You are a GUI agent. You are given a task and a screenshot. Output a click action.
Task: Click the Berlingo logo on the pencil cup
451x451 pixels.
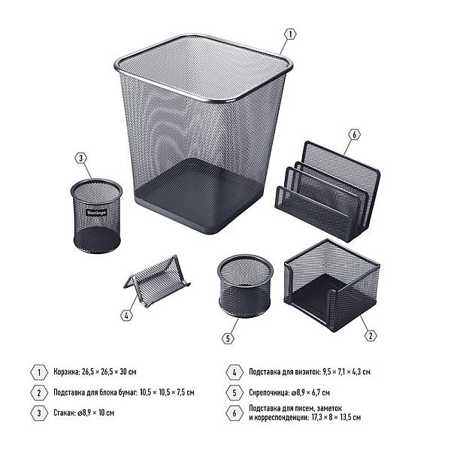click(97, 213)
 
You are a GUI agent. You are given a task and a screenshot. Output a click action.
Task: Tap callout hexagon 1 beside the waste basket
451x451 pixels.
click(290, 35)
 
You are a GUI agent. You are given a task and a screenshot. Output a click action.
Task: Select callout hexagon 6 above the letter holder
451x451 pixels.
click(354, 135)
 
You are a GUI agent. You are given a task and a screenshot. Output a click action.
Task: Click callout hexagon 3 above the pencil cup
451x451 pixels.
click(81, 158)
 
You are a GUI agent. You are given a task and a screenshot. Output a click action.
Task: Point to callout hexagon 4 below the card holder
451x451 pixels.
click(126, 316)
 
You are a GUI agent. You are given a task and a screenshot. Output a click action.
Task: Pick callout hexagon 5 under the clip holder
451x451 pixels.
click(228, 338)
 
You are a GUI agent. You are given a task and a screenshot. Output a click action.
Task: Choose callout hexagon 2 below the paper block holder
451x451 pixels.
click(371, 336)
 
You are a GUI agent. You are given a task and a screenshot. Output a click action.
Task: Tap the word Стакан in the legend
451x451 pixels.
click(65, 413)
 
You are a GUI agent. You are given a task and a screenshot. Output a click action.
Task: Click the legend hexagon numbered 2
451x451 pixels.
click(39, 392)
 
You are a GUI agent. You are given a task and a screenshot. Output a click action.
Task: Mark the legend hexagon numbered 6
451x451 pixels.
click(235, 413)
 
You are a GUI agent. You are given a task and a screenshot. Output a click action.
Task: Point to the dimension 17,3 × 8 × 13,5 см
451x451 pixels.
click(336, 417)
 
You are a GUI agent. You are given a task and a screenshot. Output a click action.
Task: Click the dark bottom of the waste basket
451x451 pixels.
click(198, 195)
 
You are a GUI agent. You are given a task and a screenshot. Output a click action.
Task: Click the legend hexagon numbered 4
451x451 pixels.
click(235, 372)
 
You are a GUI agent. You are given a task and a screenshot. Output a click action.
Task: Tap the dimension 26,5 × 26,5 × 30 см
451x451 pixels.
click(109, 371)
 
